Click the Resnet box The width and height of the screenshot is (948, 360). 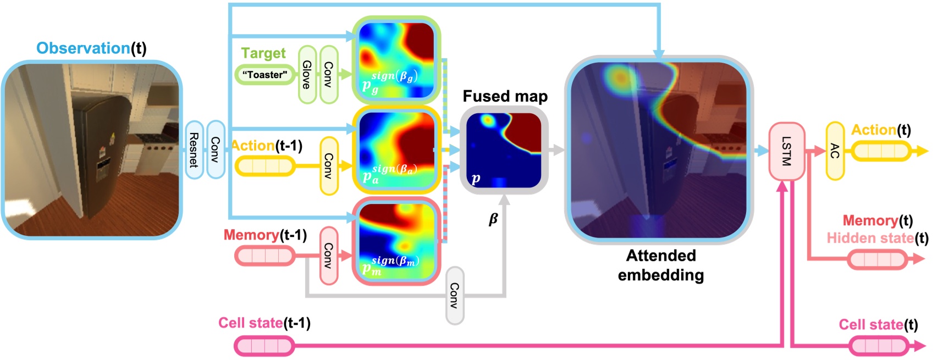click(x=194, y=149)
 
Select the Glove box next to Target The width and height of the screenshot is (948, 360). click(x=307, y=75)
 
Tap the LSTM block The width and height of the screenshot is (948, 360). click(x=786, y=151)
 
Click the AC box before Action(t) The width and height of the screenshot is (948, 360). click(x=835, y=151)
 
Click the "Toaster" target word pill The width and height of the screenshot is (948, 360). click(x=264, y=75)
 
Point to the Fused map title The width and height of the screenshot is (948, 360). click(x=505, y=97)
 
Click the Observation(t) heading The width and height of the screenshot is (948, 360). click(x=91, y=48)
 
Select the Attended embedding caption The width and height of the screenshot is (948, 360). click(x=660, y=265)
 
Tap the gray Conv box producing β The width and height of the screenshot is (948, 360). click(x=455, y=295)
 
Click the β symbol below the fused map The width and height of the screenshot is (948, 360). click(x=493, y=219)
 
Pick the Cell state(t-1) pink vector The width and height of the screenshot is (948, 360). click(x=264, y=346)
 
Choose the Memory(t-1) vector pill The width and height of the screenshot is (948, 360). click(x=264, y=256)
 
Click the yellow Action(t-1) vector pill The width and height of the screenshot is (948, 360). click(x=264, y=165)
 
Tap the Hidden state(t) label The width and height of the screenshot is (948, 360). click(x=877, y=238)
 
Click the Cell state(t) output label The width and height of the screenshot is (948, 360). click(x=878, y=325)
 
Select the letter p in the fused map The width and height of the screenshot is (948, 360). click(x=476, y=178)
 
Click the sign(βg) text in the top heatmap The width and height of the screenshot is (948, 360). click(x=394, y=76)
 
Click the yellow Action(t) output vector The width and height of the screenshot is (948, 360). click(x=881, y=151)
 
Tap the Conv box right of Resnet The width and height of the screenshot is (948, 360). click(x=215, y=149)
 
